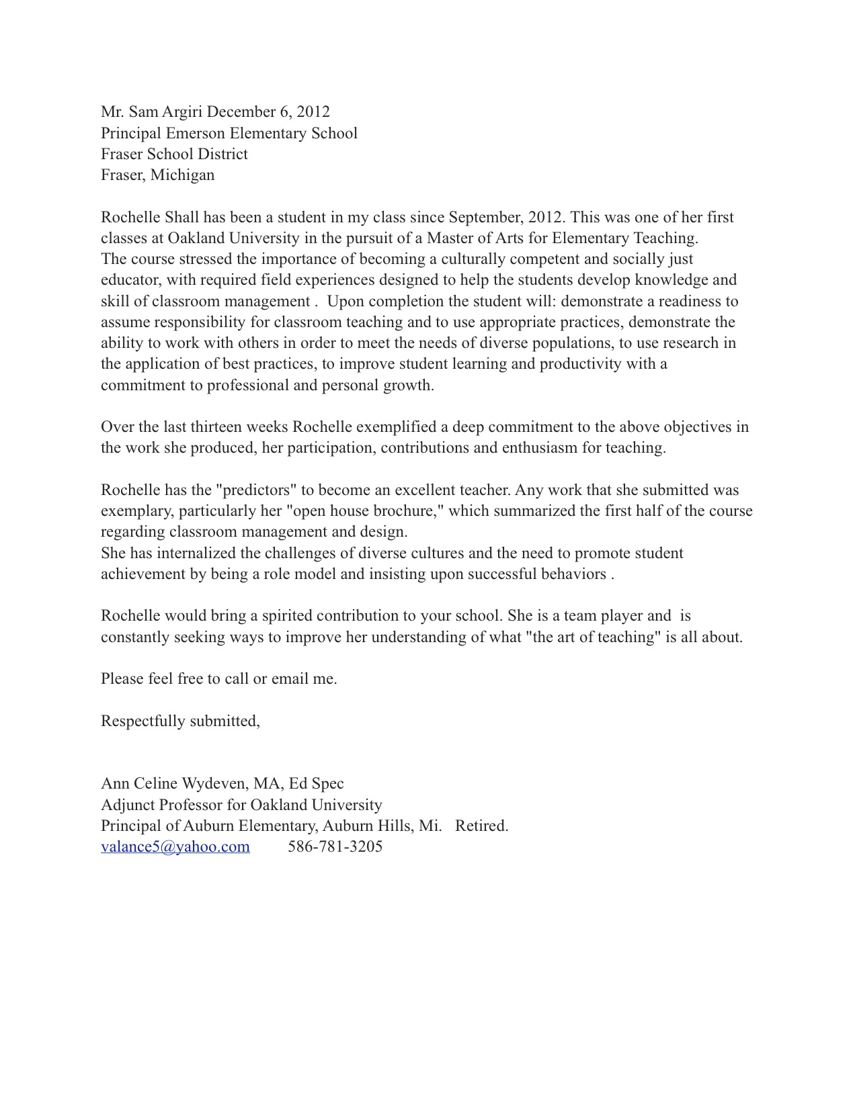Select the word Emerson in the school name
(x=257, y=133)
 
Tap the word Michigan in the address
(x=182, y=175)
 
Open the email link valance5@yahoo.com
(x=175, y=846)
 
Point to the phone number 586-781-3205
(x=335, y=846)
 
